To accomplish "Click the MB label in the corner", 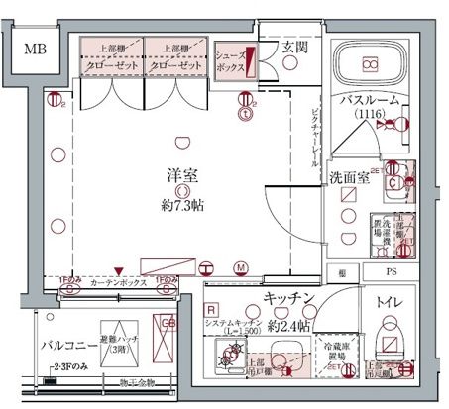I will [x=36, y=48].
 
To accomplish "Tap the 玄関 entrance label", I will [x=294, y=48].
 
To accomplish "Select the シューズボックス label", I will [x=232, y=62].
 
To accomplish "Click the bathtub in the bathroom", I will [x=369, y=65].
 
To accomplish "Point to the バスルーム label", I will [x=369, y=101].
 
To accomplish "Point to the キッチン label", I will [x=288, y=298].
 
